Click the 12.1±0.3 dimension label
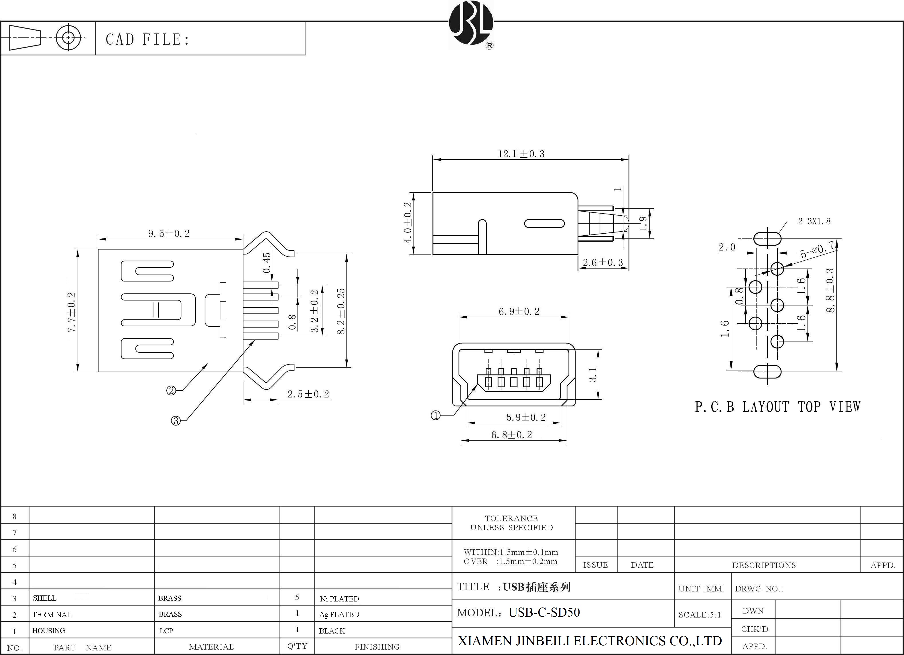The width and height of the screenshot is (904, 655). coord(521,154)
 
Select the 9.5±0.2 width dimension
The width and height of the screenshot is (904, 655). coord(169,234)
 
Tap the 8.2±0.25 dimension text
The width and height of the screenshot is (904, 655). coord(341,311)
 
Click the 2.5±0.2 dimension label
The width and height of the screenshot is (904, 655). coord(308,394)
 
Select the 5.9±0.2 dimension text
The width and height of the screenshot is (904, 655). coord(526,417)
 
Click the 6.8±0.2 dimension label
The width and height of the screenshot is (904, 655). coord(511,435)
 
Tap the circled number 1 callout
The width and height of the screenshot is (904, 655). coord(436,416)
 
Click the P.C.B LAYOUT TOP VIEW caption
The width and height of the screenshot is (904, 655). coord(777,407)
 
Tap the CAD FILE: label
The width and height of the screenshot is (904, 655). coord(147,40)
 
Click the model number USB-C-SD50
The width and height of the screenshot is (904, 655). coord(544,612)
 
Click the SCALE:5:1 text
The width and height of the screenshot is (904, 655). coord(700,615)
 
